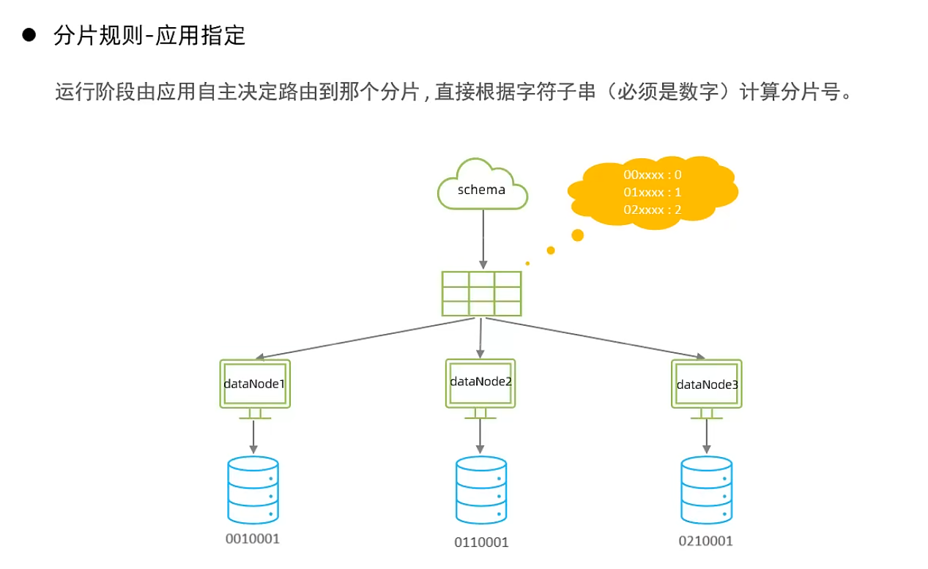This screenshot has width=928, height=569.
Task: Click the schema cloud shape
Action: [482, 186]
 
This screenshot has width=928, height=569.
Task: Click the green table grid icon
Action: [481, 294]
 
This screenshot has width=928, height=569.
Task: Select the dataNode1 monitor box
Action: [254, 384]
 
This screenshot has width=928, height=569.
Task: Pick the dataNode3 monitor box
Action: [707, 384]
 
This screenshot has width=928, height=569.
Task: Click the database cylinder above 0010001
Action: [253, 490]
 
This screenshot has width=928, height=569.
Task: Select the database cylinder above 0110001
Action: [480, 491]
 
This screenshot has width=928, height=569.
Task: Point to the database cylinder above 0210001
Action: [706, 490]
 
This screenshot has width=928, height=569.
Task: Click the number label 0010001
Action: [253, 539]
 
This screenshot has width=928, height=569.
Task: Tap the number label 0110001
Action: [480, 543]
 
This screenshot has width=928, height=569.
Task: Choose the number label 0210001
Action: [705, 541]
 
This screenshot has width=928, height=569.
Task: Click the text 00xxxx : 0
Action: [653, 175]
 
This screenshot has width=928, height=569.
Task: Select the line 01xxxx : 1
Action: [653, 192]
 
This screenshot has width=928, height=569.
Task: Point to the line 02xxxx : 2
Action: [653, 209]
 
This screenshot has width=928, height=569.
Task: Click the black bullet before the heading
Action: [29, 35]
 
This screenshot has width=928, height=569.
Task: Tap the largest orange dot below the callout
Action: [577, 235]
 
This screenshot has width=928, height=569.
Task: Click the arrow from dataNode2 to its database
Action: [480, 436]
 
